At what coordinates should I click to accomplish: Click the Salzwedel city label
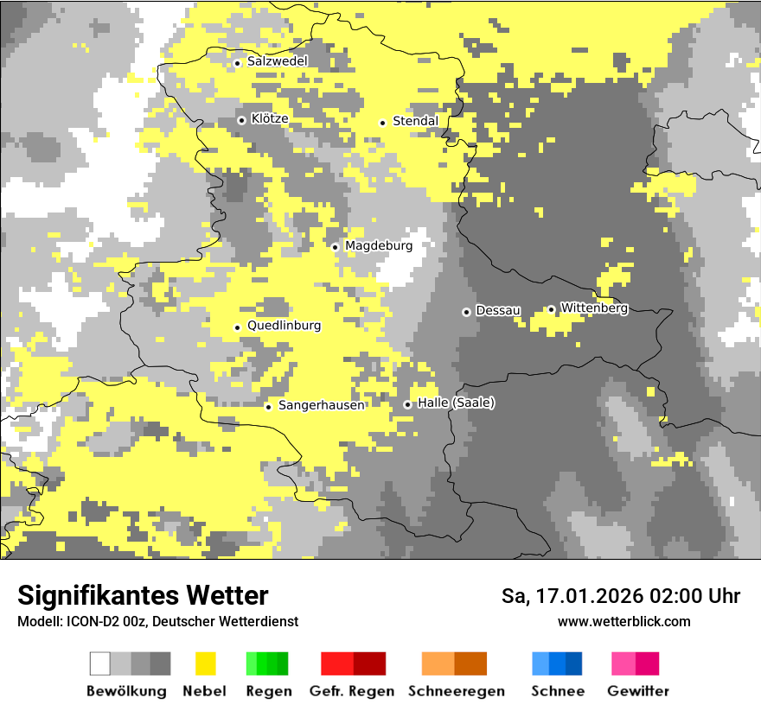coord(277,62)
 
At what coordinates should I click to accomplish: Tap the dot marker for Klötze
coord(241,120)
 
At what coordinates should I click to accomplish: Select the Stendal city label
coord(415,122)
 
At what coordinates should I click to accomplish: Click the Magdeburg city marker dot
coord(336,247)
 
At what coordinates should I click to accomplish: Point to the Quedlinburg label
coord(284,327)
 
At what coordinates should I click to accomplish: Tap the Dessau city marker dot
coord(466,312)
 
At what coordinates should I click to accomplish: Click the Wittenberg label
coord(594,308)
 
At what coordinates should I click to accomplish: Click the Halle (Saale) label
coord(456,403)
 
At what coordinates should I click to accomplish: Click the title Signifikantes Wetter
coord(143,596)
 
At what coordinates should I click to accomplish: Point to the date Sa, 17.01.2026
coord(571,596)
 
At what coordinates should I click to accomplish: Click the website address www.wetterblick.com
coord(624,622)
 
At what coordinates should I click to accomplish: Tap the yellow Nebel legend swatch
coord(205,663)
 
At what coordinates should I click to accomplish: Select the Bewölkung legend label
coord(126,691)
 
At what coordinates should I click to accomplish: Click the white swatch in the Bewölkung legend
coord(100,663)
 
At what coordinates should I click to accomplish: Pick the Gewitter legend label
coord(638,691)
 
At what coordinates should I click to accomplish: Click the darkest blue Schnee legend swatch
coord(574,663)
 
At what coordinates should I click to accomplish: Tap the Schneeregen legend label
coord(457,691)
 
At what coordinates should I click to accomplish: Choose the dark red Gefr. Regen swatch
coord(369,663)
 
